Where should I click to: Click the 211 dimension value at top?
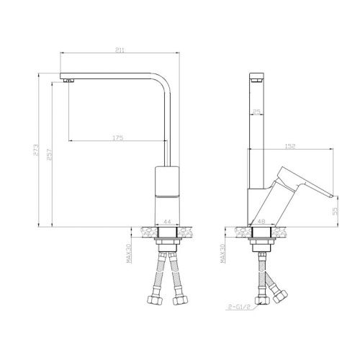(x=120, y=50)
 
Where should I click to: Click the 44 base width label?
(x=166, y=222)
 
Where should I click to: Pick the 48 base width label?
(x=261, y=222)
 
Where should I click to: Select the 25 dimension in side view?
(x=256, y=112)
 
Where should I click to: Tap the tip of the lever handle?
(x=333, y=195)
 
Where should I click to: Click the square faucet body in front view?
(x=167, y=184)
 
